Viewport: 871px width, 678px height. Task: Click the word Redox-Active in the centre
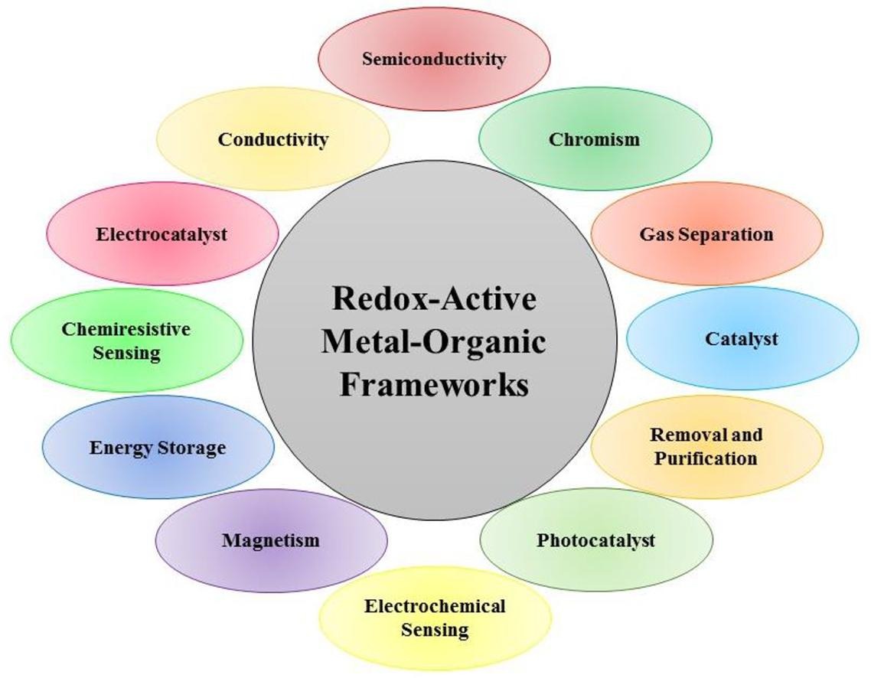(x=434, y=298)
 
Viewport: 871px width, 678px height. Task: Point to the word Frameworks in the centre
(x=434, y=384)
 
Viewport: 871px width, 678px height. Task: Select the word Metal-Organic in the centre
(x=434, y=341)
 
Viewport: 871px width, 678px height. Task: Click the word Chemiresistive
(x=126, y=330)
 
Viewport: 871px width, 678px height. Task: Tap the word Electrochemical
(x=435, y=607)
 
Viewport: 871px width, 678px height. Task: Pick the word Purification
(x=706, y=458)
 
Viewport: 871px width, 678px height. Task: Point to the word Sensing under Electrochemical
(x=435, y=631)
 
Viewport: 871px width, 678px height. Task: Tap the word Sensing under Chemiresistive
(x=126, y=353)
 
